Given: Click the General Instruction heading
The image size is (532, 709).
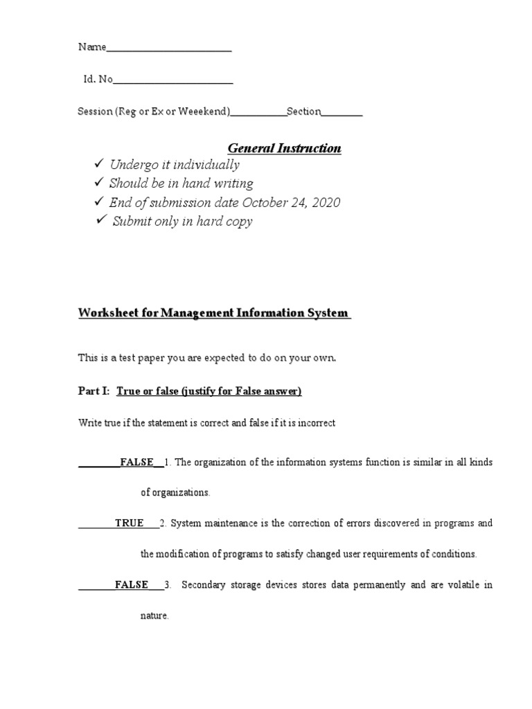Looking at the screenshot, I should click(x=285, y=148).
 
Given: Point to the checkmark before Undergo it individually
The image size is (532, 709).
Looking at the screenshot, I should click(x=99, y=164).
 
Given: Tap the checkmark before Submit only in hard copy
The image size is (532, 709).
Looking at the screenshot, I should click(x=101, y=221).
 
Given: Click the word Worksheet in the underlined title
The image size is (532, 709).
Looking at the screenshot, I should click(x=104, y=313).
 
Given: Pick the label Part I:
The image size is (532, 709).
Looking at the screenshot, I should click(x=94, y=391).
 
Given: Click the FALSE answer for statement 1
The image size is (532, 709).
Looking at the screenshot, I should click(x=136, y=462).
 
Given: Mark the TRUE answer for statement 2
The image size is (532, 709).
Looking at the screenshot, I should click(x=130, y=523).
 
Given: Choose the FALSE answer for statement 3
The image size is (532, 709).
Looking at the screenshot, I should click(x=132, y=584).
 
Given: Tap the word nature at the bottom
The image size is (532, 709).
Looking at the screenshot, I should click(x=154, y=616).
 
